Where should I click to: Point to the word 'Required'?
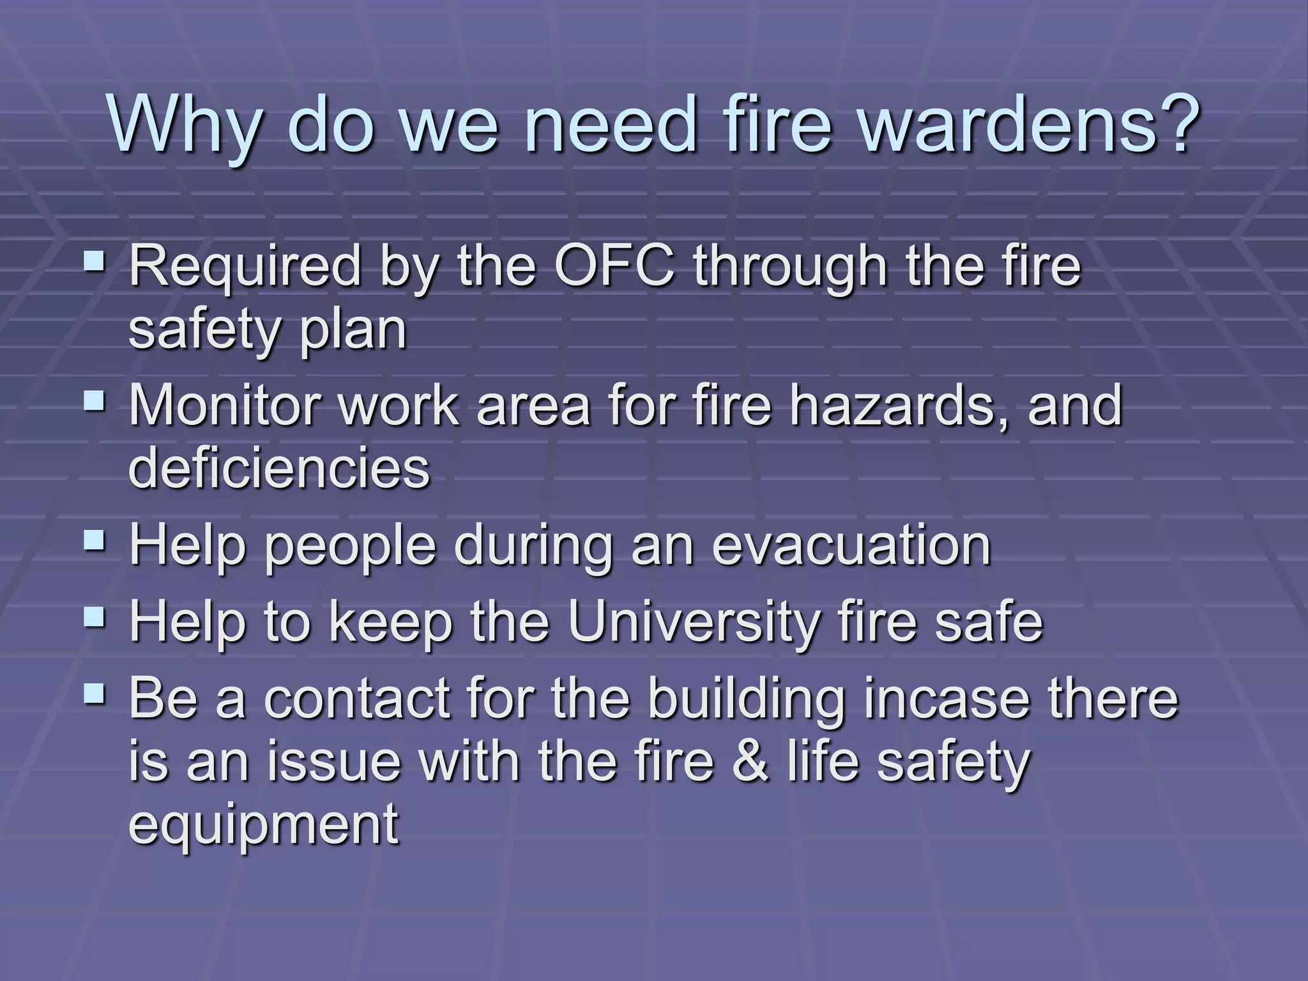[245, 267]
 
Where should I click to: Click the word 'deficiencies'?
[279, 468]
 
